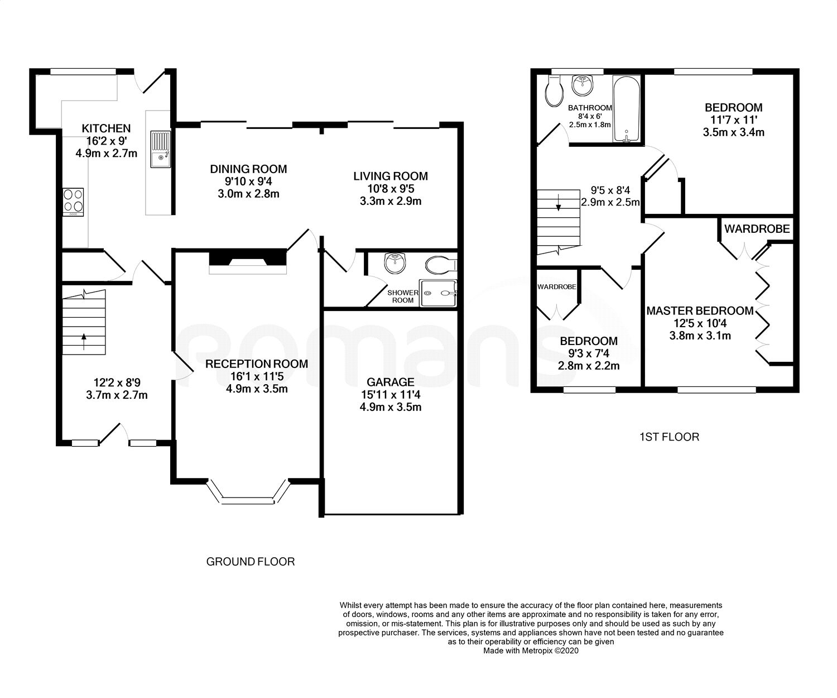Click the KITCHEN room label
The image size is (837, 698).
106,128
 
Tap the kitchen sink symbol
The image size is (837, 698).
160,149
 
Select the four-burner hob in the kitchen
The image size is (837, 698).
74,201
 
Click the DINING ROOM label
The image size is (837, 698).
248,169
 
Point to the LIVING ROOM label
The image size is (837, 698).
391,176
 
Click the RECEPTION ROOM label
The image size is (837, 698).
257,364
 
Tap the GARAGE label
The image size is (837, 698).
391,383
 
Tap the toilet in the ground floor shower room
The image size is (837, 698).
441,264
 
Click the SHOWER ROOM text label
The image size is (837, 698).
403,297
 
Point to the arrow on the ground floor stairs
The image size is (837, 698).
84,341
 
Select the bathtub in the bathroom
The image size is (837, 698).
627,109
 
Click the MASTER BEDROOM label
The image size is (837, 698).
700,311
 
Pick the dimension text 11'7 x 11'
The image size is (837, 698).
733,120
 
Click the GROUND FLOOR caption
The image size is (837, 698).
251,562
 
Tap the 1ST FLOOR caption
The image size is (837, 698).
669,437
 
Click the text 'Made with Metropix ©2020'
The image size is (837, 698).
531,651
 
